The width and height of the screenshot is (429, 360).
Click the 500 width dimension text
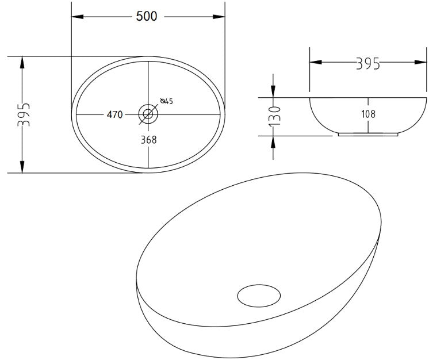pos(147,16)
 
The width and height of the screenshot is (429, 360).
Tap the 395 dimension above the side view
pos(368,63)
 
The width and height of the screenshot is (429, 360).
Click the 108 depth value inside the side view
pos(368,114)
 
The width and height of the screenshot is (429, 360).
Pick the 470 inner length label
pos(114,114)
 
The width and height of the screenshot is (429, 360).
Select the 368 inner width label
pos(148,139)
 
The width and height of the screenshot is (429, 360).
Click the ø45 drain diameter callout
pos(167,102)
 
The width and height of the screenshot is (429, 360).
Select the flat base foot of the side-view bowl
pos(368,135)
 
